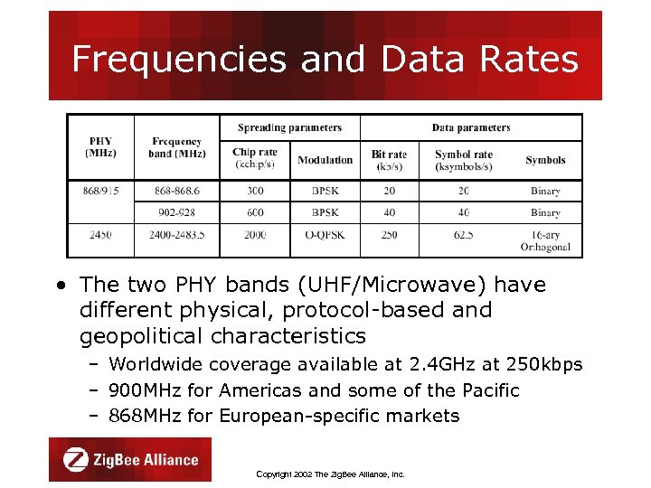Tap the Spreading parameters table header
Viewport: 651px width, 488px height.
pos(289,127)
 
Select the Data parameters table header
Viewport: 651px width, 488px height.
pos(470,127)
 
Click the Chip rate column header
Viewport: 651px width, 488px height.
pos(255,158)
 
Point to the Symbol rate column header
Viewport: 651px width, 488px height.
pos(464,159)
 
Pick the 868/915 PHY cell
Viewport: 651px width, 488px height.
pos(100,191)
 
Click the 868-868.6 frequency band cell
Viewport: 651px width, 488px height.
pos(176,191)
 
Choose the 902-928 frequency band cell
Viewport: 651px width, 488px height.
pos(176,212)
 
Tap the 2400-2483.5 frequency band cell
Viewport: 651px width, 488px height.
pos(176,234)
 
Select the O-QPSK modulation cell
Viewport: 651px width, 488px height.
pos(325,234)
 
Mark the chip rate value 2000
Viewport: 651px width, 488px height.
pos(255,234)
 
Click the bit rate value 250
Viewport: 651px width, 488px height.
pos(389,234)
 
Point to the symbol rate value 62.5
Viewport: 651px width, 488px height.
pos(464,234)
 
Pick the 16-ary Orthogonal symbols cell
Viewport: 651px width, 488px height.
pos(545,239)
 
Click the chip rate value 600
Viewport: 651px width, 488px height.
pos(255,212)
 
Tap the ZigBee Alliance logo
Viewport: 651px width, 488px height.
pos(130,459)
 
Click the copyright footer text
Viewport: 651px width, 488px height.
pos(330,474)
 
